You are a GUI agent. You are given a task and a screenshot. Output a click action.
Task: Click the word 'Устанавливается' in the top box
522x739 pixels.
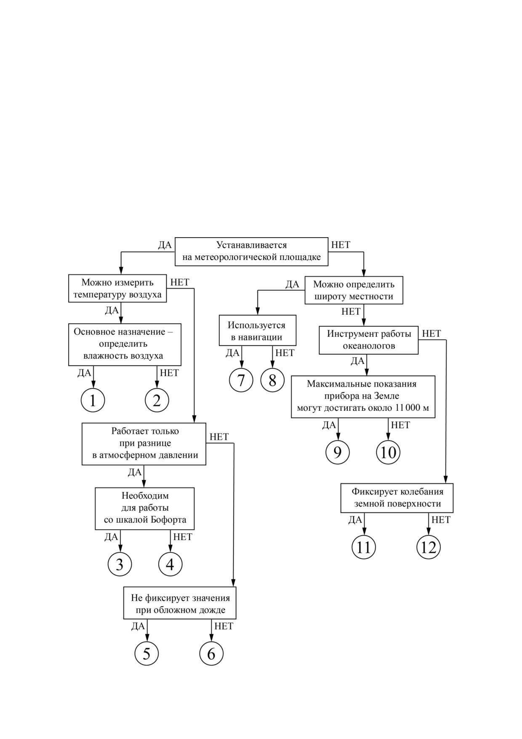pyautogui.click(x=251, y=245)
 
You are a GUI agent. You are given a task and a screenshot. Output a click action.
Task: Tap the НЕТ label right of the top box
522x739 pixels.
pyautogui.click(x=341, y=245)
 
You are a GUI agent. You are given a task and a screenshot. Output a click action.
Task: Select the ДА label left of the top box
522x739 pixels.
pyautogui.click(x=165, y=245)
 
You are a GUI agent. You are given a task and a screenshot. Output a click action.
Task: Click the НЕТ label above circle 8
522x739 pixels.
pyautogui.click(x=285, y=353)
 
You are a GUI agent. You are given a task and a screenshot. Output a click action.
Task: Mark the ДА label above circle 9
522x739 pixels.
pyautogui.click(x=329, y=425)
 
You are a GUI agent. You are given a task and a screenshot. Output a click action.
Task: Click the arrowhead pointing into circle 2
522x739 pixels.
pyautogui.click(x=157, y=385)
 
